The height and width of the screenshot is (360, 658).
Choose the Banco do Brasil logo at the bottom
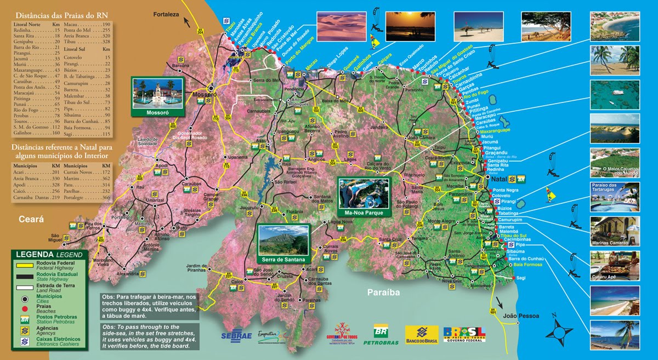pos(421,334)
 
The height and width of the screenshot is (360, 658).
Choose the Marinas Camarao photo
pos(614,231)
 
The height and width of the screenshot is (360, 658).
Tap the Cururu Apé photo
pos(614,265)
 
